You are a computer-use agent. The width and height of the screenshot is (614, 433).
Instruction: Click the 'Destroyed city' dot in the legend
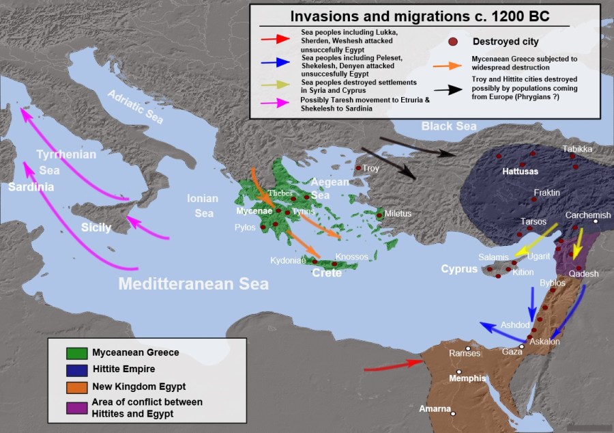(x=452, y=42)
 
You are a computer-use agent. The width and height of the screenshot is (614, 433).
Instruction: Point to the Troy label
(x=370, y=168)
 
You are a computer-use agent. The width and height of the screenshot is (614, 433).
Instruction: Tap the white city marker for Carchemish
(x=596, y=221)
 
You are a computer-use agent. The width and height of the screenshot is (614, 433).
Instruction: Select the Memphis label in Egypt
(x=467, y=378)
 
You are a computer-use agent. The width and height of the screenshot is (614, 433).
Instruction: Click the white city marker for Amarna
(x=453, y=413)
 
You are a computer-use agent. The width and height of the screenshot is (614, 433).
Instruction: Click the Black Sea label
(x=448, y=126)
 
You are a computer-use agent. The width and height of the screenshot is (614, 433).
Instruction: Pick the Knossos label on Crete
(x=351, y=257)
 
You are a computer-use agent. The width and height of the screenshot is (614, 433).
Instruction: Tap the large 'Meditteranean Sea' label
(x=194, y=284)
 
